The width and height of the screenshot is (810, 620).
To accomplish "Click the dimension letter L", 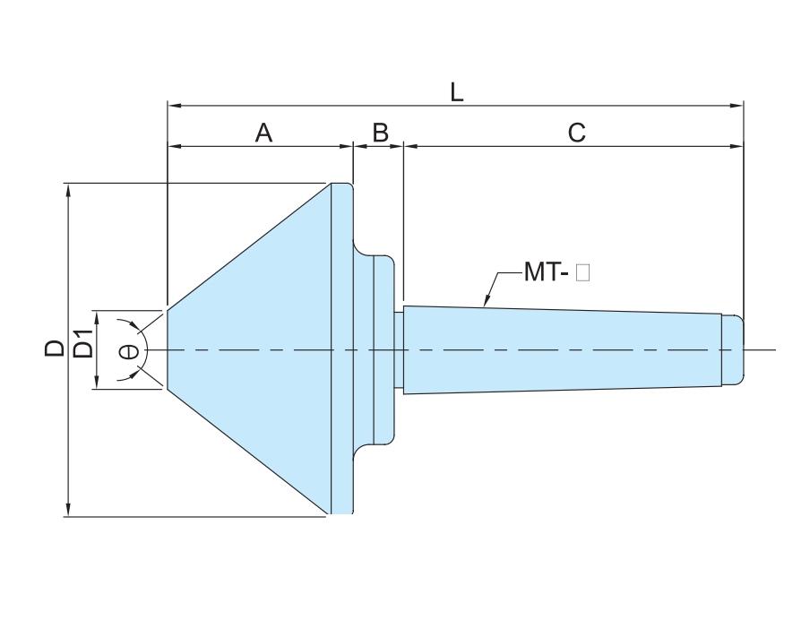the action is pos(457,93).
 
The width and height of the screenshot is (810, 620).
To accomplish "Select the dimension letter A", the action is pos(263,133).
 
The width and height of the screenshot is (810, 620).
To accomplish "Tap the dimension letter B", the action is pos(380,133).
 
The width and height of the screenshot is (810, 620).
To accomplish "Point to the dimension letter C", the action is pos(576,133).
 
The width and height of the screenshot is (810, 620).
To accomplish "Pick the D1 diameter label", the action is pos(83,343).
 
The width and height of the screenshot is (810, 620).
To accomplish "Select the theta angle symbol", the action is pos(129,352).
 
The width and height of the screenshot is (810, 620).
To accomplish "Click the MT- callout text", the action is pos(547,271).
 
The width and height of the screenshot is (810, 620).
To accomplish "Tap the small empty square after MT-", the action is pos(582,272).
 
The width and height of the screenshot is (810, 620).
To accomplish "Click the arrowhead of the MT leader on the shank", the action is pos(486,301).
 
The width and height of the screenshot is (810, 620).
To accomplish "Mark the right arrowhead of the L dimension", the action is pos(737,106).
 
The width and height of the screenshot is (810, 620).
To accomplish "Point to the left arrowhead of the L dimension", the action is pos(175,106).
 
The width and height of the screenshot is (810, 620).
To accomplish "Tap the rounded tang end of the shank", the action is pos(733,349).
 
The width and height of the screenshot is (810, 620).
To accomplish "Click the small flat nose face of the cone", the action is pos(168,349).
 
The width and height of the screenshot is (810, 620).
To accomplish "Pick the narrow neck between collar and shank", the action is pos(399,349).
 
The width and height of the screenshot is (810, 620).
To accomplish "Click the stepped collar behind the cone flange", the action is pos(374,349).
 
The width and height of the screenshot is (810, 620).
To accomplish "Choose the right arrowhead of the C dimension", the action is pos(737,146).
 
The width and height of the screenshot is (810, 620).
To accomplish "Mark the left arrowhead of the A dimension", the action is pos(175,146).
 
